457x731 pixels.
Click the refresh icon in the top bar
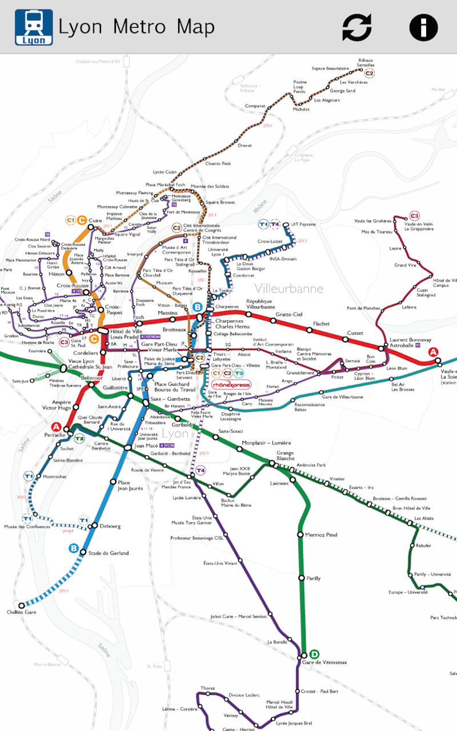[357, 27]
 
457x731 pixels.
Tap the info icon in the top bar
[423, 27]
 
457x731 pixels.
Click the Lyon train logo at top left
[34, 27]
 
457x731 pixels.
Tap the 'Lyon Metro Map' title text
[137, 27]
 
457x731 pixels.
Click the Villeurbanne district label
[288, 288]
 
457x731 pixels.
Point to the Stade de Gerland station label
[108, 553]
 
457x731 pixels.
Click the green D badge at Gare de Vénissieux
[314, 654]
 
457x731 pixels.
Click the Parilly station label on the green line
[314, 578]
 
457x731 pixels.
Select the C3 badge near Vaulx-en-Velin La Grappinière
[414, 216]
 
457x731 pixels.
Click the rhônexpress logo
[231, 384]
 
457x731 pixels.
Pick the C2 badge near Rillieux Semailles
[370, 73]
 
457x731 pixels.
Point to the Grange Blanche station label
[286, 455]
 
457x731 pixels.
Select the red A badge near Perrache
[56, 427]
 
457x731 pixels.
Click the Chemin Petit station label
[218, 163]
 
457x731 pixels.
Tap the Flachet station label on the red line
[321, 324]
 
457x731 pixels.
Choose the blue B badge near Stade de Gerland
[74, 548]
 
